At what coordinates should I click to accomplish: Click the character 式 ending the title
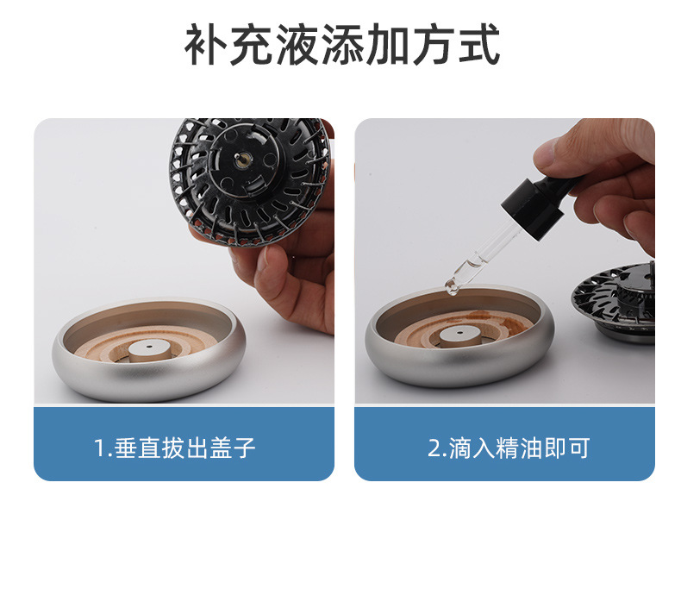point(478,47)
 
